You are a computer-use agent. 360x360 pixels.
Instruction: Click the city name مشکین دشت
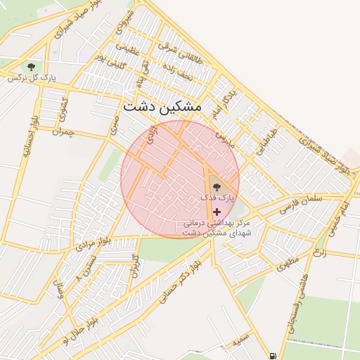point(162,106)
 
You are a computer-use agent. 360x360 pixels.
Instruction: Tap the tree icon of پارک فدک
point(216,185)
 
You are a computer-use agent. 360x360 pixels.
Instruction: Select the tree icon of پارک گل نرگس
point(31,67)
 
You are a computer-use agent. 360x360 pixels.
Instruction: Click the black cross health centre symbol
point(216,211)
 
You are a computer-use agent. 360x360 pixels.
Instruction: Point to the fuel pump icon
point(272,355)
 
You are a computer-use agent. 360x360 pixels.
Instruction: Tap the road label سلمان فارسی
point(301,204)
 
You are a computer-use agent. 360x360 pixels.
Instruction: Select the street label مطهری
point(288,264)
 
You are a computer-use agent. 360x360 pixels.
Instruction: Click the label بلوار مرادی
point(90,245)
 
